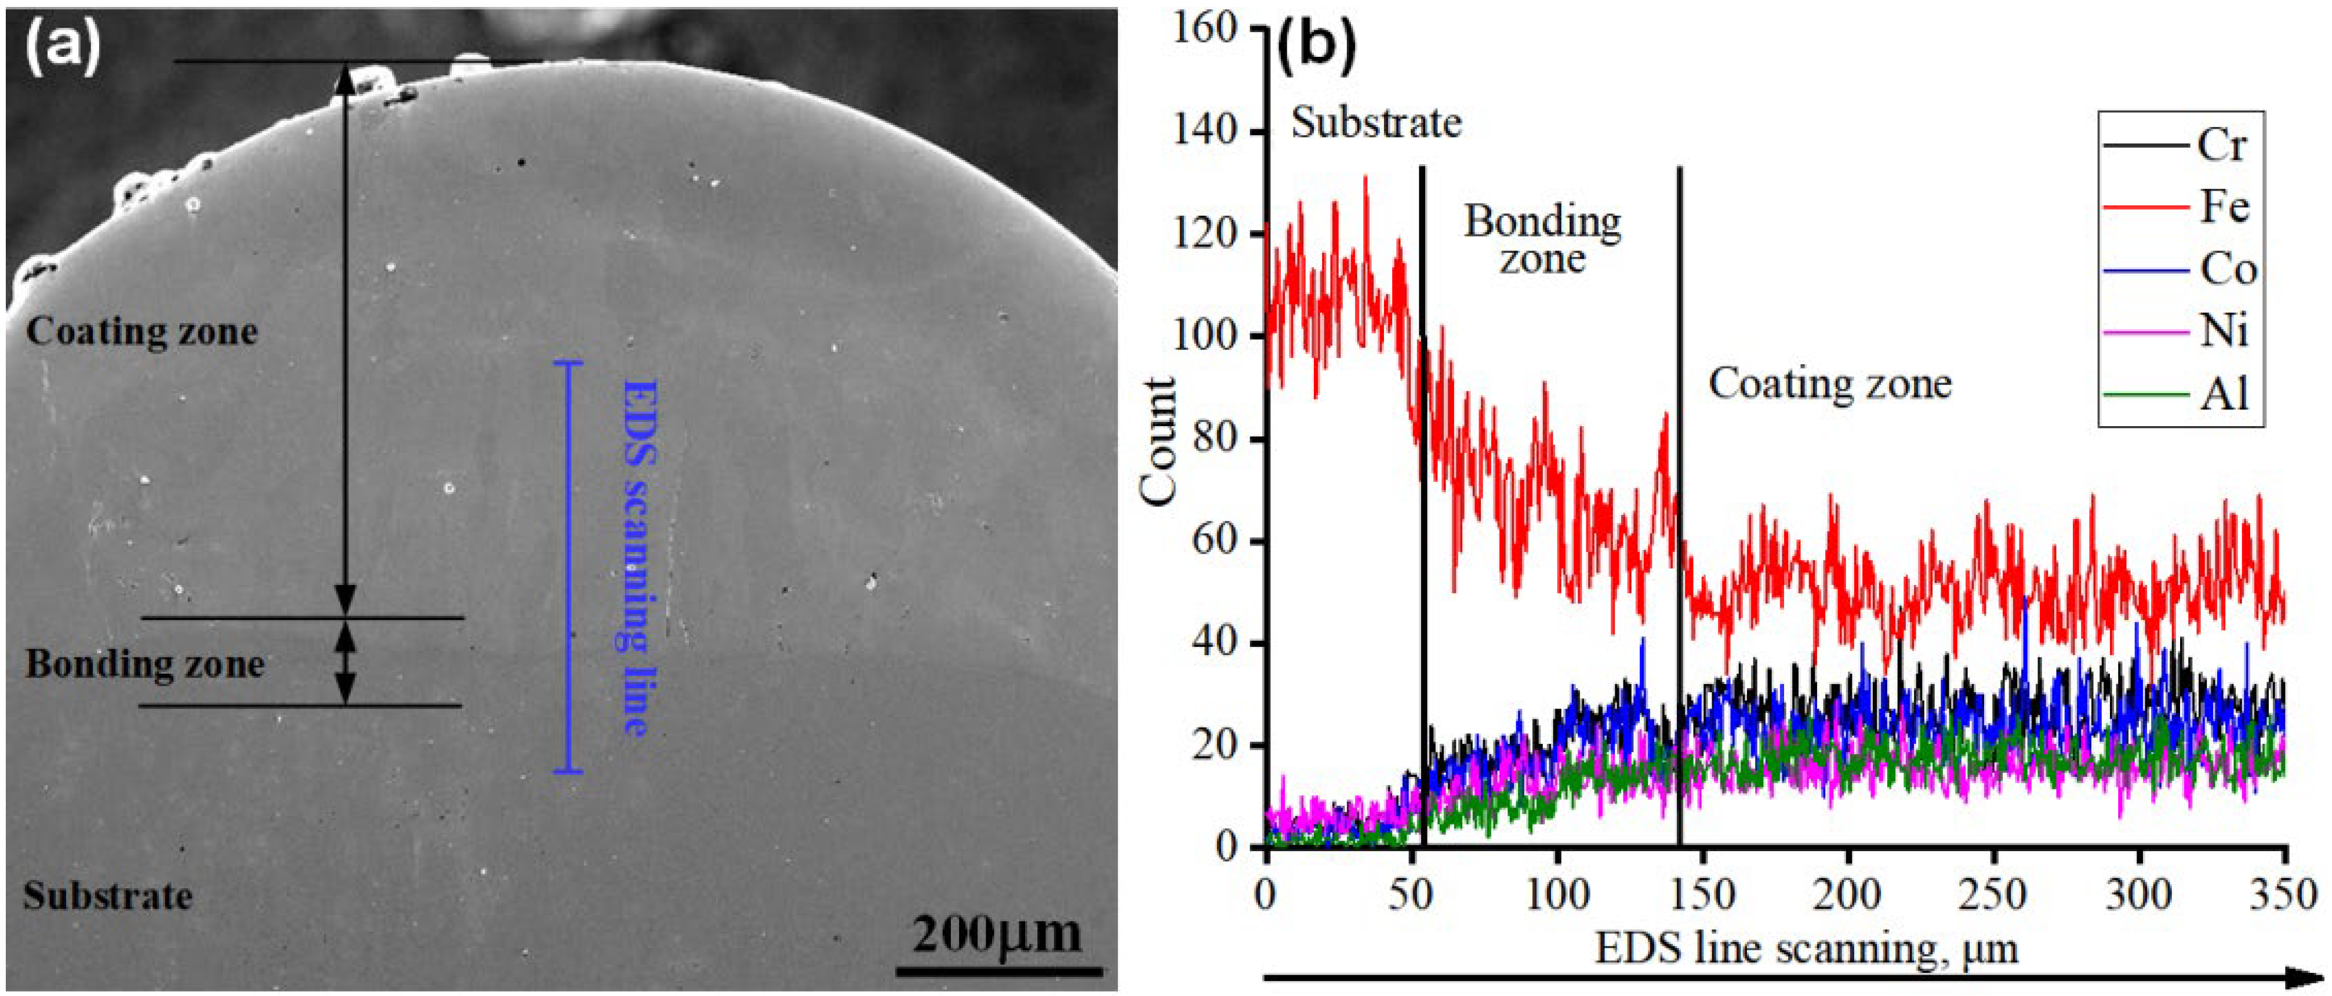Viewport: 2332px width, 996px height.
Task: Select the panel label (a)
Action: pos(61,50)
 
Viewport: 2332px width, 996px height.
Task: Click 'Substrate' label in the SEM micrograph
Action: pos(108,896)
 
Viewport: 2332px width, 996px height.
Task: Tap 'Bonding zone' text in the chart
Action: pos(1543,239)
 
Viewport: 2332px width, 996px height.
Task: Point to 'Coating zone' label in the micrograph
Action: pos(142,332)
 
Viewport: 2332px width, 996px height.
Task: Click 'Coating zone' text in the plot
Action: pos(1829,384)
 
